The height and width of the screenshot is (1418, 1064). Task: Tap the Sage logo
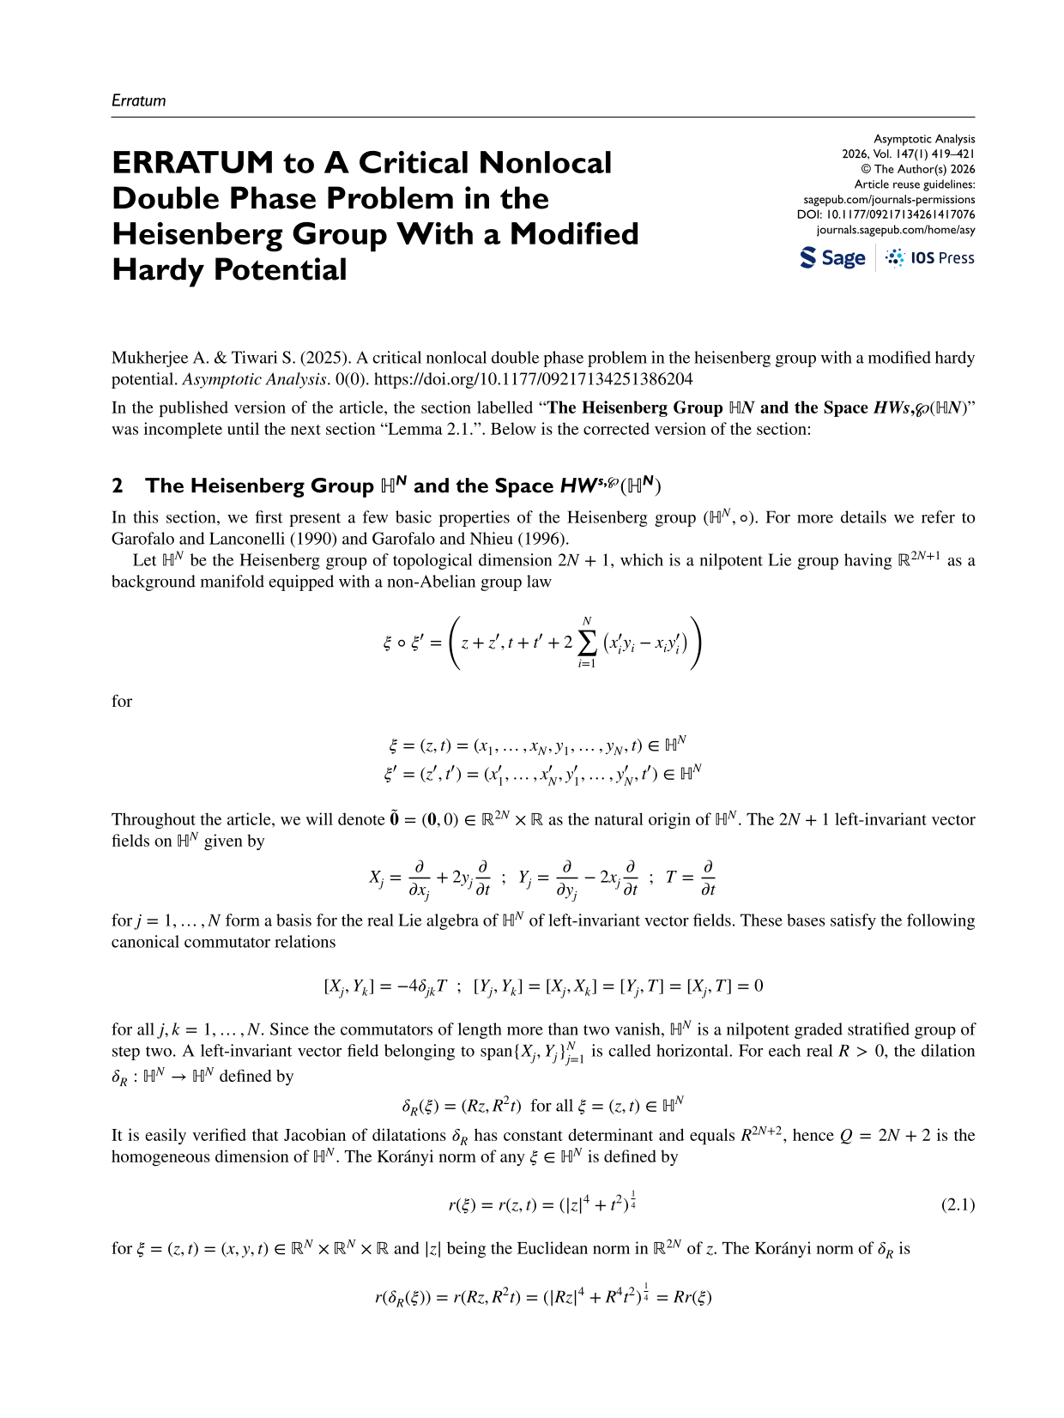click(x=832, y=258)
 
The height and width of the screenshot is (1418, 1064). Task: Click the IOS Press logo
click(x=930, y=258)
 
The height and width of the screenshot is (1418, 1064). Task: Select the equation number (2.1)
click(x=958, y=1204)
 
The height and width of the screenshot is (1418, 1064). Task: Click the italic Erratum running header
click(x=138, y=100)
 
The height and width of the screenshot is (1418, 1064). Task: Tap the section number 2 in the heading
click(x=117, y=486)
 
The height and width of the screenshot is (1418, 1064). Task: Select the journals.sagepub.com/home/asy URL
click(x=895, y=230)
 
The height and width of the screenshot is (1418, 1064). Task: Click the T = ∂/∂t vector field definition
click(x=691, y=878)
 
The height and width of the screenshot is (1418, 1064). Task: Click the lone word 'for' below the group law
click(x=122, y=702)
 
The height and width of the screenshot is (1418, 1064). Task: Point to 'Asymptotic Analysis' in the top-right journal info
click(x=924, y=139)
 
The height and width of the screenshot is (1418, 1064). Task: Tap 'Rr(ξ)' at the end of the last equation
click(x=692, y=1297)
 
